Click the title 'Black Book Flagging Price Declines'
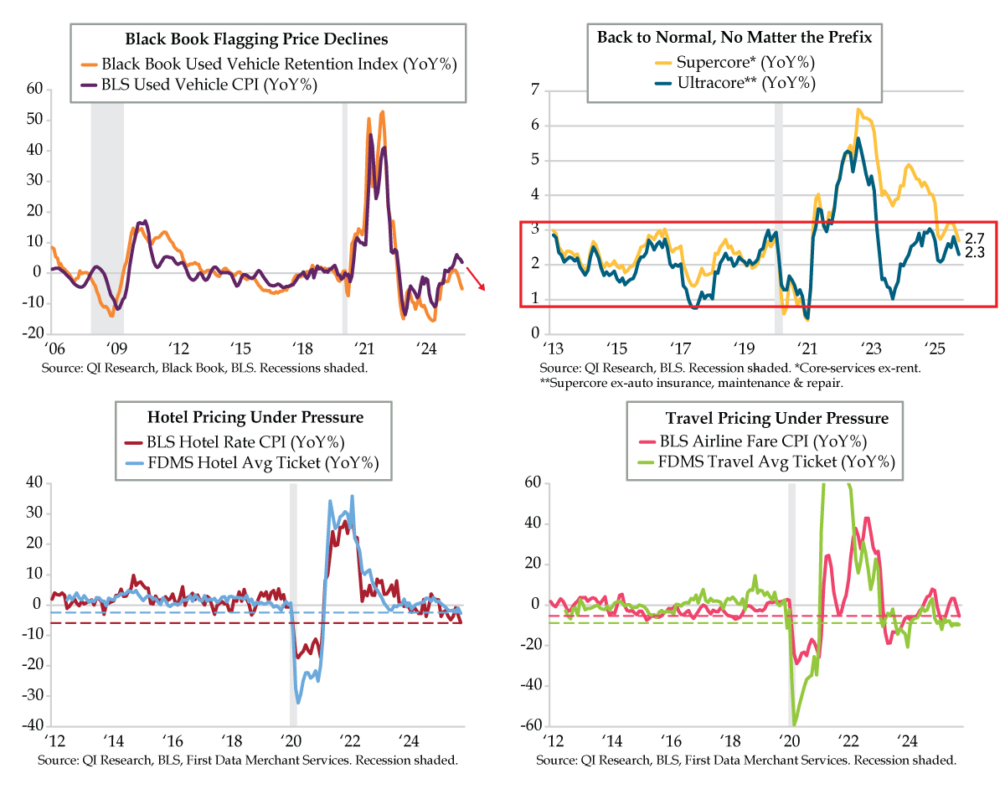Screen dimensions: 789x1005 (x=256, y=39)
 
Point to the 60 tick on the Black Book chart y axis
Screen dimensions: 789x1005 (x=34, y=88)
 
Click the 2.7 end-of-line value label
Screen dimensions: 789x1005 (x=974, y=238)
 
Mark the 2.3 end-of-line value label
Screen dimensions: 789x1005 (x=974, y=251)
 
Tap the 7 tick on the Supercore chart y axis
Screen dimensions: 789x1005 (x=535, y=90)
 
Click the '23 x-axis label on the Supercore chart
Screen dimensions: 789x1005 (x=870, y=346)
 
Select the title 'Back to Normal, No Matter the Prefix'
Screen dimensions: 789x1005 (x=733, y=38)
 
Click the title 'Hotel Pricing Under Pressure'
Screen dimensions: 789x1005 (x=255, y=418)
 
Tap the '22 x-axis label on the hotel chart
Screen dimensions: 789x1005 (x=349, y=741)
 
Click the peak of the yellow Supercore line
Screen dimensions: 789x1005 (x=858, y=109)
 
